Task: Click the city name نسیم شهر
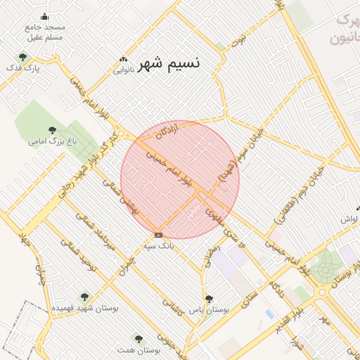169,63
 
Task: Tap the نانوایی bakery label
129,70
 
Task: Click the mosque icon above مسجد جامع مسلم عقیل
46,16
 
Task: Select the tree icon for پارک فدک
22,58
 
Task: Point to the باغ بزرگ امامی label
51,141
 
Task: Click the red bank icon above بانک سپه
159,235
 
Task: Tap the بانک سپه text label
158,246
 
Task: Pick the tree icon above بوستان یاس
208,298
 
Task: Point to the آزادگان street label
174,129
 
